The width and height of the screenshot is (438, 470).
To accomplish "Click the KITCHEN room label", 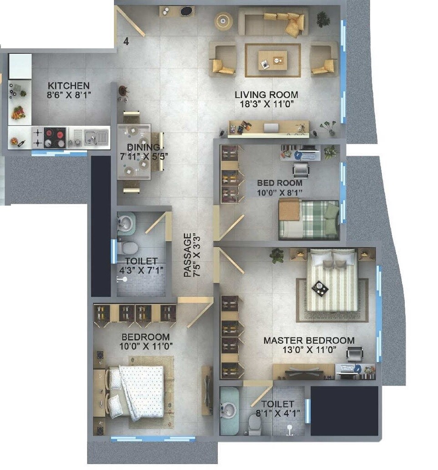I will tap(69, 86).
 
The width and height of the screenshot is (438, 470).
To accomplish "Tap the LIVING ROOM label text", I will tap(266, 95).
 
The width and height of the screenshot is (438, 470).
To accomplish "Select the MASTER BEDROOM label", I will tap(309, 340).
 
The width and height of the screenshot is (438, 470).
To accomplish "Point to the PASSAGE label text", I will tap(188, 255).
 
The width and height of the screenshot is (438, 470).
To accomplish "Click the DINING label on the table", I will tap(143, 147).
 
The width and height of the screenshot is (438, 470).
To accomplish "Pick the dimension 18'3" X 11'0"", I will tap(266, 104).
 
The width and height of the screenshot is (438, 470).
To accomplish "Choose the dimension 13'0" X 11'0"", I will tap(309, 350).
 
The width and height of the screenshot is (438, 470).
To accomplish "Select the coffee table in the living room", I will tap(273, 60).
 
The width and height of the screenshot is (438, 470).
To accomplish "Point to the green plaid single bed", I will tap(309, 220).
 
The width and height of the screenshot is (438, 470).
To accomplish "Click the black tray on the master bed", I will tap(320, 288).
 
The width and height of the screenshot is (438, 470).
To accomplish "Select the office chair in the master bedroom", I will tap(355, 354).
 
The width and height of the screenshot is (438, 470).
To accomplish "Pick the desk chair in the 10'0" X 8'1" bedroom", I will tap(301, 170).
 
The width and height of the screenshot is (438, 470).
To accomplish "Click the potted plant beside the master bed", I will tap(277, 256).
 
